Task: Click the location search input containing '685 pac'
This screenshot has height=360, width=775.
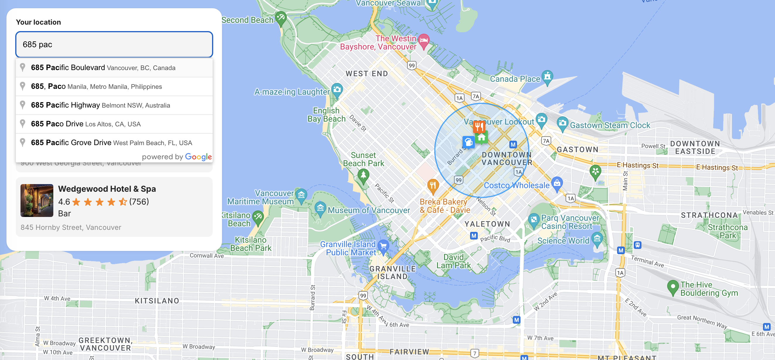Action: click(x=114, y=45)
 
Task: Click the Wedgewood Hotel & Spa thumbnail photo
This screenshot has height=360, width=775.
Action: click(x=37, y=201)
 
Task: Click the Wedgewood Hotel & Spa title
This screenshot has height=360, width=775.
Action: click(x=107, y=189)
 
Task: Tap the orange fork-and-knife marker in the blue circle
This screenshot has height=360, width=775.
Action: click(x=479, y=126)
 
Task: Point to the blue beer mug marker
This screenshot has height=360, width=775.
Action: click(x=468, y=142)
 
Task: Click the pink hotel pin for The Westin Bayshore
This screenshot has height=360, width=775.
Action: click(x=424, y=41)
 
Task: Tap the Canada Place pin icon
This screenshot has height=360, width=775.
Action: click(x=547, y=77)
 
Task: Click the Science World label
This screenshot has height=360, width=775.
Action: click(x=563, y=241)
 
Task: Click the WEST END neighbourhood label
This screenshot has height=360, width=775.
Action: click(x=366, y=74)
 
